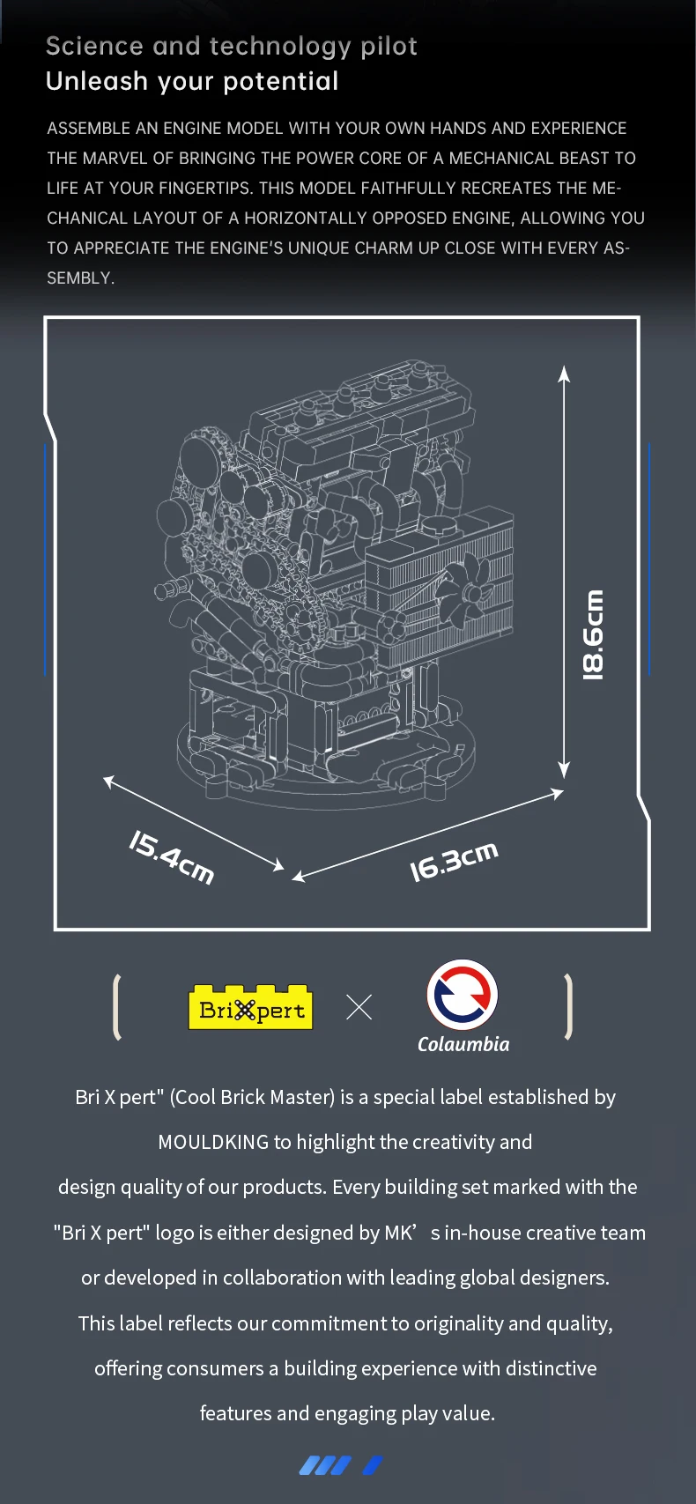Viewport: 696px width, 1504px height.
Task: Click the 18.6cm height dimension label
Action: point(593,635)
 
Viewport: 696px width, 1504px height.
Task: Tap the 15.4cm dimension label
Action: point(172,856)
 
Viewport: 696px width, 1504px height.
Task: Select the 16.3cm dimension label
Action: point(455,861)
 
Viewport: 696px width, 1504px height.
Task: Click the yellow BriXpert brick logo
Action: point(250,1006)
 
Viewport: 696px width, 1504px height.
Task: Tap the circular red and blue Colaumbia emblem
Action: point(463,995)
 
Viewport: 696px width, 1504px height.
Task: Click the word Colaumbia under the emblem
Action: point(463,1044)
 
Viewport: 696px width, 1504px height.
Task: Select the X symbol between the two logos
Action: point(359,1007)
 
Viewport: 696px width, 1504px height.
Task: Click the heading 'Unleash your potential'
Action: point(192,81)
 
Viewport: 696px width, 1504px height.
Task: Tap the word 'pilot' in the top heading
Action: point(389,47)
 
